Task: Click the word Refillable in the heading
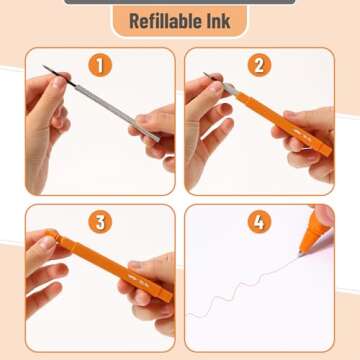coord(160,20)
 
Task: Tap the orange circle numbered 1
coord(98,66)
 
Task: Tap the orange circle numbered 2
coord(260,66)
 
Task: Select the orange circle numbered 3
coord(98,223)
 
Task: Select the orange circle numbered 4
coord(260,223)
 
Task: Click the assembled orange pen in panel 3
coord(110,265)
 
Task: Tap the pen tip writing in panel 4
coord(307,248)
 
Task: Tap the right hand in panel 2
coord(310,160)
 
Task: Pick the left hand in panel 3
coord(45,260)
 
